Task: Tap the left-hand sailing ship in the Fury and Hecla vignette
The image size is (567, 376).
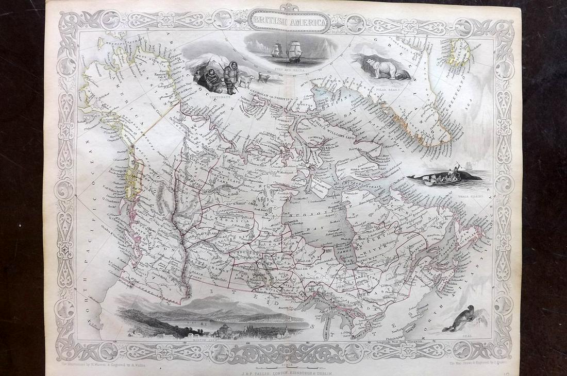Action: (277, 50)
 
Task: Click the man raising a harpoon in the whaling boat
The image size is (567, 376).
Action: (456, 168)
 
